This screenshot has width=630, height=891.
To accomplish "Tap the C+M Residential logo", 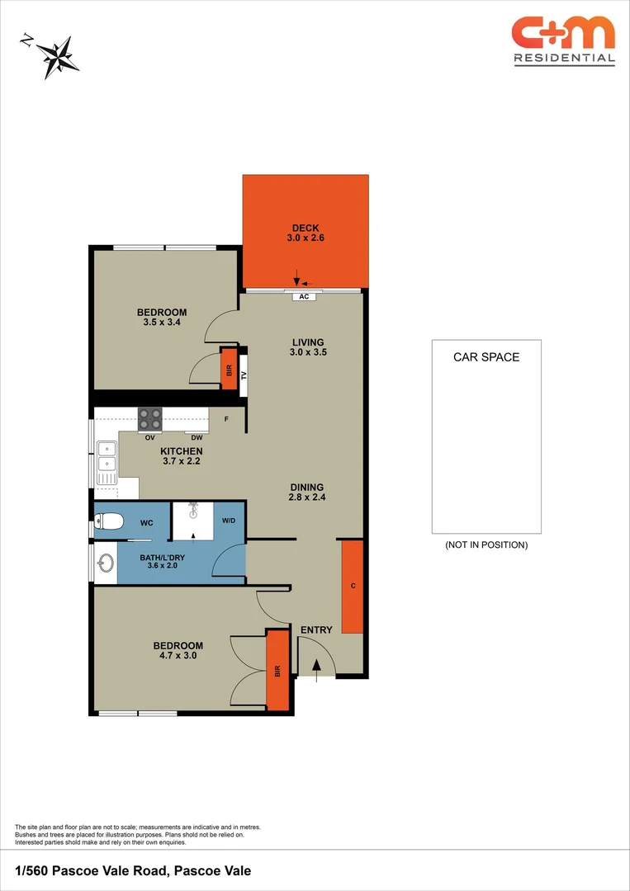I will (563, 40).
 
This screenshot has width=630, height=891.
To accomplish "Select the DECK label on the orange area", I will (306, 229).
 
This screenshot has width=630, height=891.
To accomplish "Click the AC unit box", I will (304, 296).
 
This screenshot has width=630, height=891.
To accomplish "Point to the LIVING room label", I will (308, 342).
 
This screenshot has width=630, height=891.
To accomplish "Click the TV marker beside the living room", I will (244, 375).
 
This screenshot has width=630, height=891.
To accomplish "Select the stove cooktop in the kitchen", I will (149, 418).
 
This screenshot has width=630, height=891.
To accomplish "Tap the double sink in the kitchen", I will (107, 462).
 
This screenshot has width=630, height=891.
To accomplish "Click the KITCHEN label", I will (181, 451).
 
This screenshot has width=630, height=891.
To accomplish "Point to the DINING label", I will (306, 487).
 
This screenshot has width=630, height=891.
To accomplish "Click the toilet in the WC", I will (108, 521).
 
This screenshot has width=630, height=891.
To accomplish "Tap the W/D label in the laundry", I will (229, 521).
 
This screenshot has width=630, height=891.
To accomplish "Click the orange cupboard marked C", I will (353, 587).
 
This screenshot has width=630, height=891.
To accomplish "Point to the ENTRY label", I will (316, 630).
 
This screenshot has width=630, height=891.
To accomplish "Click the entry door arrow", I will (316, 664).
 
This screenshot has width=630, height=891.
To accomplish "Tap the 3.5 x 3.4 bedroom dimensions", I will (162, 323).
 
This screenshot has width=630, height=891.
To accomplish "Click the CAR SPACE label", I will (486, 357).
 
